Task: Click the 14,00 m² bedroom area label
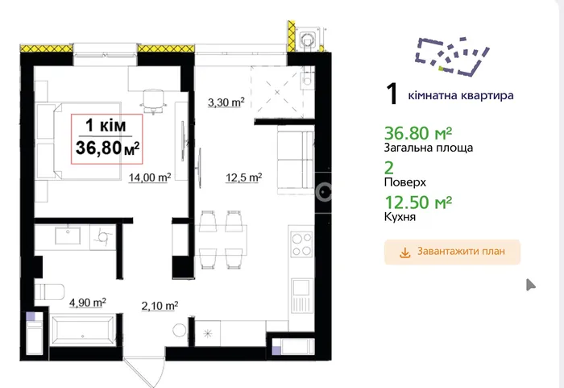pyautogui.click(x=150, y=177)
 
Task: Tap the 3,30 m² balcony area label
pyautogui.click(x=226, y=102)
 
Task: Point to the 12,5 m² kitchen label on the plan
pyautogui.click(x=243, y=177)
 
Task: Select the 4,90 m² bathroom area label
pyautogui.click(x=87, y=302)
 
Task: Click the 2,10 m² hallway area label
pyautogui.click(x=160, y=306)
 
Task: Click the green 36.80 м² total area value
pyautogui.click(x=418, y=134)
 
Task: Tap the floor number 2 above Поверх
pyautogui.click(x=389, y=169)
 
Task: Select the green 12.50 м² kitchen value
pyautogui.click(x=418, y=202)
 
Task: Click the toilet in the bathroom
pyautogui.click(x=49, y=292)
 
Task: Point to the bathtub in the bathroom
pyautogui.click(x=83, y=330)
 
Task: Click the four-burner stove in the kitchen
pyautogui.click(x=302, y=244)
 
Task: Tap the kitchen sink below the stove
pyautogui.click(x=302, y=296)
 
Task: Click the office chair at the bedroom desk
pyautogui.click(x=154, y=100)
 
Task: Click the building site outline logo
pyautogui.click(x=452, y=57)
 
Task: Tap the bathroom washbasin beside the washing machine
pyautogui.click(x=68, y=236)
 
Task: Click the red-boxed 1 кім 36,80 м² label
pyautogui.click(x=107, y=139)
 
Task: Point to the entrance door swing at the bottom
pyautogui.click(x=144, y=372)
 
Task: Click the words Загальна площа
pyautogui.click(x=429, y=148)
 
